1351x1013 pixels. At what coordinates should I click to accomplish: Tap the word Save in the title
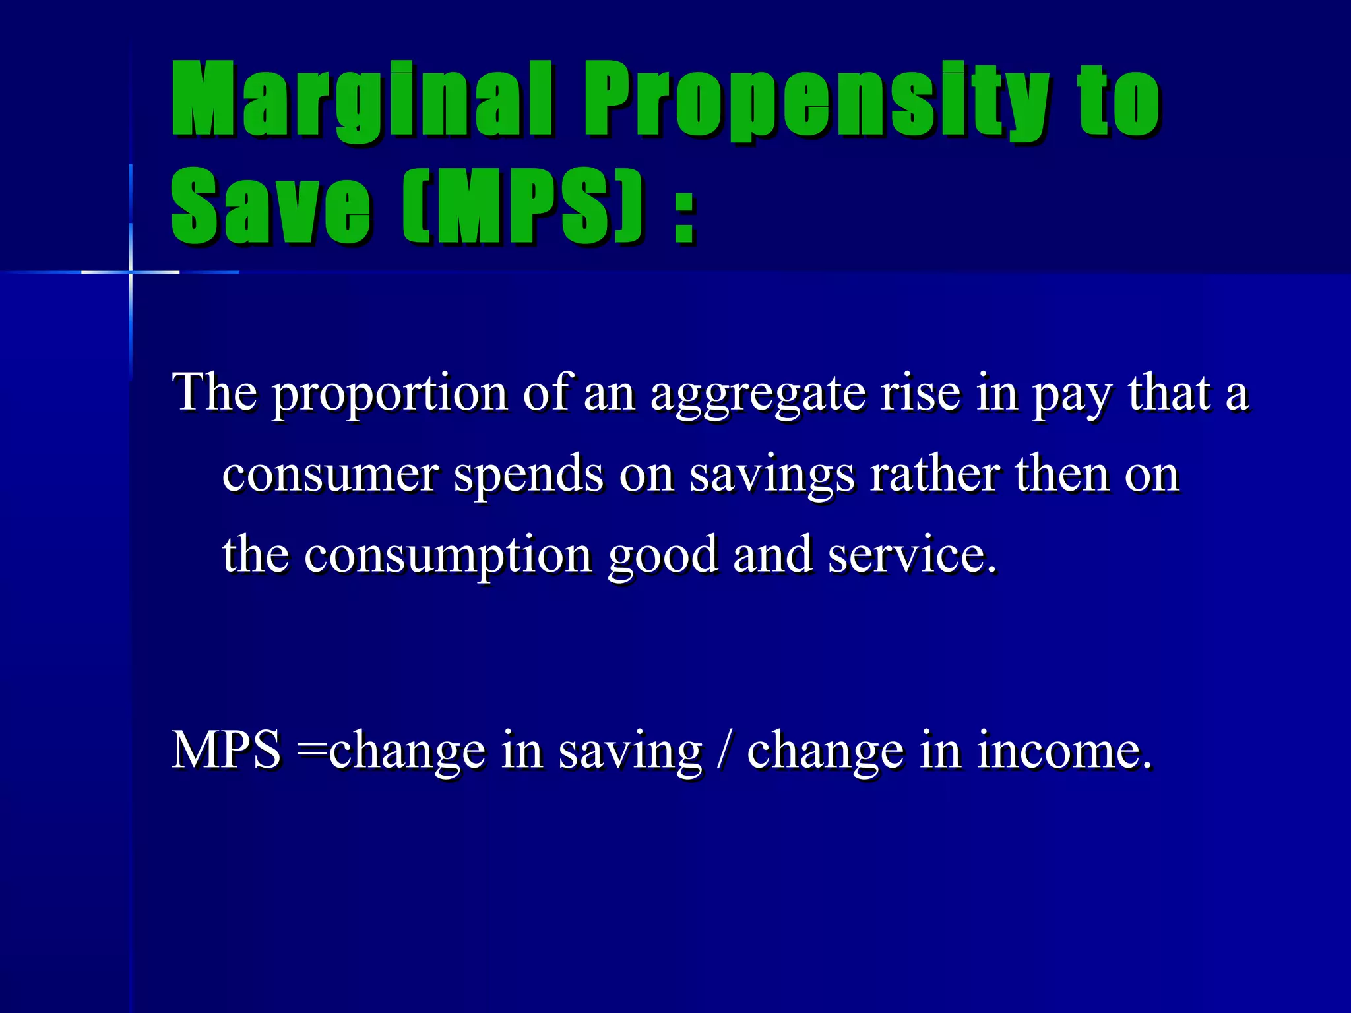tap(270, 206)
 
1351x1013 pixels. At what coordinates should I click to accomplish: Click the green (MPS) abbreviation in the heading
tap(521, 206)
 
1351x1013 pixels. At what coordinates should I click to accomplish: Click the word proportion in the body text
tap(390, 394)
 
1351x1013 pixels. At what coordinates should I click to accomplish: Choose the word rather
tap(935, 474)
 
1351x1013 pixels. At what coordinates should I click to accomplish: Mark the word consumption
tap(448, 556)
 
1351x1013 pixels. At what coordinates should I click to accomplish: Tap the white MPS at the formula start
tap(226, 750)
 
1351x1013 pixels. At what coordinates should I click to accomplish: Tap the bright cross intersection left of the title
tap(131, 272)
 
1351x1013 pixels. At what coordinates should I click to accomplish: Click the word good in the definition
tap(662, 556)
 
